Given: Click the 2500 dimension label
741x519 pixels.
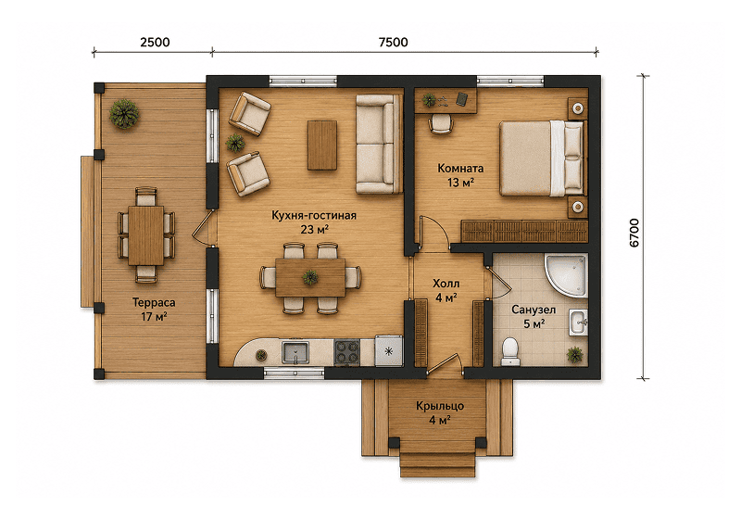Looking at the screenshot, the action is (155, 42).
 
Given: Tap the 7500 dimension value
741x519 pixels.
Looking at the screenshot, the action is (393, 42).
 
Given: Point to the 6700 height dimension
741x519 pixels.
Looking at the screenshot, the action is (634, 233).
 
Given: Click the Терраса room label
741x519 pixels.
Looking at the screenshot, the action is (154, 302).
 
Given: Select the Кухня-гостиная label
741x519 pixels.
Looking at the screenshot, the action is (314, 216).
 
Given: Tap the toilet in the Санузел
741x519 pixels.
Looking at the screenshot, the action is (509, 351).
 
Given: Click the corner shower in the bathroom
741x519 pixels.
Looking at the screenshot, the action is (566, 276).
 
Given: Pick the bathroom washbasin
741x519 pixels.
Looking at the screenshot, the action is (578, 323).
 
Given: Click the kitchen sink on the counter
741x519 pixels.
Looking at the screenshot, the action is (295, 352).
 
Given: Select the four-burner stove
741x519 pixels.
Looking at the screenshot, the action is (346, 352).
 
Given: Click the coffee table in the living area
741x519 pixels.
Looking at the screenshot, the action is (322, 146).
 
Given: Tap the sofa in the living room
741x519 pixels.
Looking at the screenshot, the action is (379, 144).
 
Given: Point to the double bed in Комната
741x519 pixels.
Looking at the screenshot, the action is (542, 158).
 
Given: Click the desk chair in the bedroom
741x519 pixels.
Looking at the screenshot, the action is (441, 124).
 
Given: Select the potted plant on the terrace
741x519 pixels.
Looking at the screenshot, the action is (124, 114).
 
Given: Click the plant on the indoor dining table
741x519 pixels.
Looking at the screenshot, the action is (310, 277).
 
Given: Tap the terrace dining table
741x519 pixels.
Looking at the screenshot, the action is (146, 235).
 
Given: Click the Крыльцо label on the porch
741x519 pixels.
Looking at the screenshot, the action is (440, 406).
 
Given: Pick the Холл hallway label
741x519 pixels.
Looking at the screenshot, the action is (446, 284).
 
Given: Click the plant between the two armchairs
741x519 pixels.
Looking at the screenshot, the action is (235, 143).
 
